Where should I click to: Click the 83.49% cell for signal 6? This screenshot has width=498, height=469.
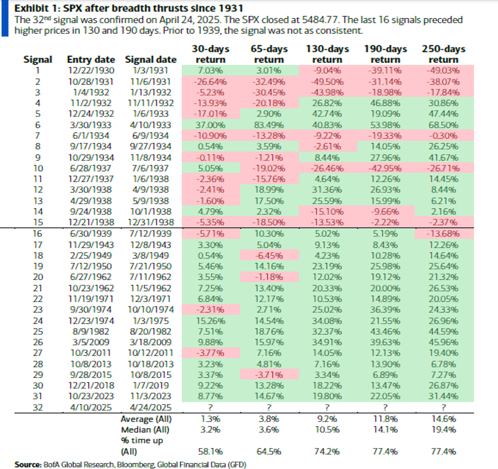coord(269,125)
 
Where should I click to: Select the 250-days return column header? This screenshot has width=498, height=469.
coord(444,54)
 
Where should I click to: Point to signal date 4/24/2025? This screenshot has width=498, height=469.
coord(150,407)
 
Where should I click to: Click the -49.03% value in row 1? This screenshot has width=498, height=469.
coord(444,71)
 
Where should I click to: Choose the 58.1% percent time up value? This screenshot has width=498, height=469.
coord(210,451)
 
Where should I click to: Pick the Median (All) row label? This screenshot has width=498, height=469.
coord(145,430)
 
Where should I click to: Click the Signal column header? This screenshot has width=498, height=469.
coord(38,59)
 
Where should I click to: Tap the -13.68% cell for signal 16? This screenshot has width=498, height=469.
coord(444,234)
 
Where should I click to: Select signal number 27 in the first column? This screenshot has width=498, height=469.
coord(38,353)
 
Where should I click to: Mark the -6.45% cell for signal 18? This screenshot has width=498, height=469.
coord(269,256)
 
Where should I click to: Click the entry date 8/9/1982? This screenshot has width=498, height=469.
coord(91,332)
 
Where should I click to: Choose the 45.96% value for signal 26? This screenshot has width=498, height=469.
coord(444,342)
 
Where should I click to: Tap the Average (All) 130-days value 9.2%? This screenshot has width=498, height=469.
coord(327,419)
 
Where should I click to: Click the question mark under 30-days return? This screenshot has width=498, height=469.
coord(210,407)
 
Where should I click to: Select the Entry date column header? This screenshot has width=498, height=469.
coord(91,59)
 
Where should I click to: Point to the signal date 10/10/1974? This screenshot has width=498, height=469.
coord(150,310)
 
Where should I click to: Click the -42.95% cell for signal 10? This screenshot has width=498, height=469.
coord(385,168)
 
